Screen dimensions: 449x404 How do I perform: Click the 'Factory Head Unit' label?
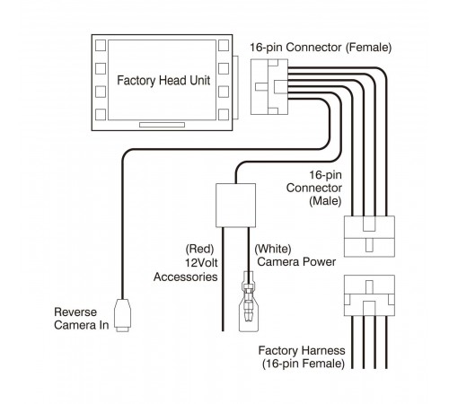click(163, 81)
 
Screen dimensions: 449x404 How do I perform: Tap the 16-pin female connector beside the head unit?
click(269, 87)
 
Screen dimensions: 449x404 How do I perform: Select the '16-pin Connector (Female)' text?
click(321, 48)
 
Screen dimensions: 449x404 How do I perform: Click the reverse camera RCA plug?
click(123, 315)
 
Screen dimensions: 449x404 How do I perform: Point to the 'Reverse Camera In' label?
click(81, 319)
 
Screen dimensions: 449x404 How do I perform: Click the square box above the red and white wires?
click(235, 206)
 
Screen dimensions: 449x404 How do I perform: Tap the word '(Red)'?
click(199, 249)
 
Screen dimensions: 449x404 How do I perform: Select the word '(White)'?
click(273, 249)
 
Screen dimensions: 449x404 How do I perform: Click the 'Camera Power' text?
click(296, 262)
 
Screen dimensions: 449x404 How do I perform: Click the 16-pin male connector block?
click(369, 236)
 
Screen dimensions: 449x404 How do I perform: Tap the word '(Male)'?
click(325, 201)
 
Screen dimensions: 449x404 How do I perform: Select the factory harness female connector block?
click(369, 295)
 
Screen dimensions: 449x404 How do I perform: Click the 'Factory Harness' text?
click(302, 350)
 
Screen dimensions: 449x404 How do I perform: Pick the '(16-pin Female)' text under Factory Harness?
click(304, 364)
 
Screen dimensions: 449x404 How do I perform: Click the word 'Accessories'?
click(186, 277)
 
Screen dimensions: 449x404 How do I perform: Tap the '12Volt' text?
click(201, 263)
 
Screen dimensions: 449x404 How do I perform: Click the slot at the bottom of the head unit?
click(162, 125)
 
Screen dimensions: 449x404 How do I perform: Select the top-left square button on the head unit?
click(101, 46)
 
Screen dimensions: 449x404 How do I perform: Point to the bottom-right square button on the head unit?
click(224, 115)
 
